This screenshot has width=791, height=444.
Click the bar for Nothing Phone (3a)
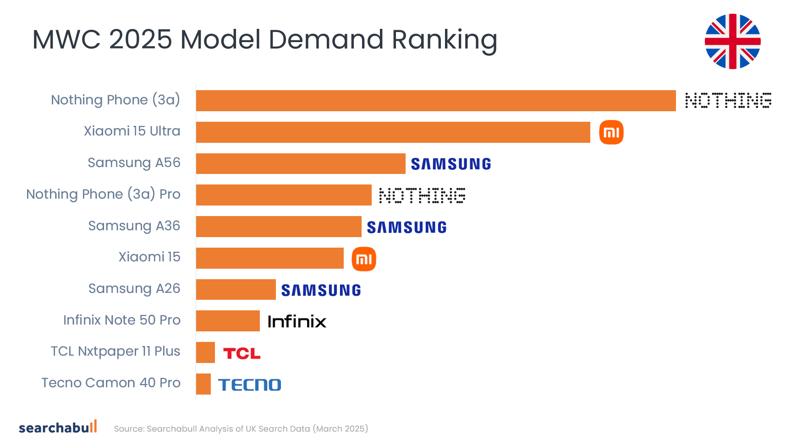435,101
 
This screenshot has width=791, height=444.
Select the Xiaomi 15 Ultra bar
393,132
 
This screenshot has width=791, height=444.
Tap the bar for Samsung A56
301,163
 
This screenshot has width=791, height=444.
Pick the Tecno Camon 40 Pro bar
203,384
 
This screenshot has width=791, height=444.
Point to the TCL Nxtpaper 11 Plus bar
205,352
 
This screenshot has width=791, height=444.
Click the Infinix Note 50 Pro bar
228,321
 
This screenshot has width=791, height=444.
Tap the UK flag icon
732,42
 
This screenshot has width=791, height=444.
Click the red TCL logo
242,353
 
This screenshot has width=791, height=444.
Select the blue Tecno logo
250,384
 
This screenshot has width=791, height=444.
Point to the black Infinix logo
297,321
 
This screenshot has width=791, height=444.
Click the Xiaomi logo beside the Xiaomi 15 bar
364,259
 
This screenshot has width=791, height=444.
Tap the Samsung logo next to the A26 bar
321,290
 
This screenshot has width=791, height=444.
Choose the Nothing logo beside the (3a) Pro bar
422,195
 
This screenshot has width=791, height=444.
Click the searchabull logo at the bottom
58,427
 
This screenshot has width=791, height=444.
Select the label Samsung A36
134,226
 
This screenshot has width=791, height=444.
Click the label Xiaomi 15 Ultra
132,131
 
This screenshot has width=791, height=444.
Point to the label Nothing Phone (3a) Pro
103,194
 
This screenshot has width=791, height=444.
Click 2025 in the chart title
140,39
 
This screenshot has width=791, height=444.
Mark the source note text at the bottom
241,429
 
